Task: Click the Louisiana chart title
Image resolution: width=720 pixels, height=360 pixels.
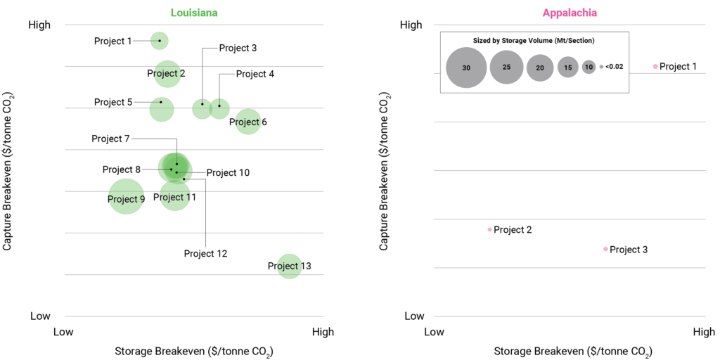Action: (193, 13)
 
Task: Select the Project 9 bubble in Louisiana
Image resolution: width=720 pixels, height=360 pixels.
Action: (126, 197)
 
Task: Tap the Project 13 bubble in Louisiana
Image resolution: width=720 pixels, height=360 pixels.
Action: (289, 266)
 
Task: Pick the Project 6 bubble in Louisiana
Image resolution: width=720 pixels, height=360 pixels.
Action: (247, 122)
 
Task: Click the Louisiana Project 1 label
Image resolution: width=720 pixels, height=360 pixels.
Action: (112, 41)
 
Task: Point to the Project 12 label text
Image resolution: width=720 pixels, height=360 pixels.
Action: (205, 253)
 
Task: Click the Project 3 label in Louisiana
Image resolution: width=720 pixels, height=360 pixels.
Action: (238, 48)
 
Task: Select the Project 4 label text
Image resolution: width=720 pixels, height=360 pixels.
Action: (255, 73)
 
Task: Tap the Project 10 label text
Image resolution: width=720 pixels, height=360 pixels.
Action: (228, 172)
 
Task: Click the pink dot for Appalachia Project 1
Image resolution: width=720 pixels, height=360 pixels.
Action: (655, 67)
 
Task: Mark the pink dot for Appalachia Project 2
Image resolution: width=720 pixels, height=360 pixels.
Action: (489, 229)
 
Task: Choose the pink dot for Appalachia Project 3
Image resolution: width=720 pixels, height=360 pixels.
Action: (605, 249)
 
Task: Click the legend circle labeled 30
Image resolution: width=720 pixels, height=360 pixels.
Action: (466, 67)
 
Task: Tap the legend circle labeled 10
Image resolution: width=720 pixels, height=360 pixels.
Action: (589, 67)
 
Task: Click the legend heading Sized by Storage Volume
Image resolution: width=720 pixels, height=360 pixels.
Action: (534, 41)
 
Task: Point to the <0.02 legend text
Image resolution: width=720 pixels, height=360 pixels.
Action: (614, 67)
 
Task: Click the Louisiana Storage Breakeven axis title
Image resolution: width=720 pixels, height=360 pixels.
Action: (193, 352)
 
